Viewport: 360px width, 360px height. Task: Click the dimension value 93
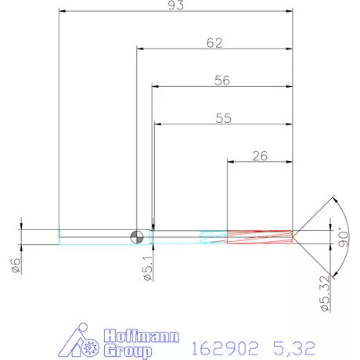(176, 5)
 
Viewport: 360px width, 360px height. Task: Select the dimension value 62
(214, 43)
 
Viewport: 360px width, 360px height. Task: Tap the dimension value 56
(222, 80)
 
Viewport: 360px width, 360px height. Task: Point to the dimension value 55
(222, 118)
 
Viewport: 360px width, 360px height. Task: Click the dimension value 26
(261, 156)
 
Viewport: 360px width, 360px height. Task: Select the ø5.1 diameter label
(146, 270)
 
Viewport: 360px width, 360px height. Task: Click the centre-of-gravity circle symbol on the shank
(137, 236)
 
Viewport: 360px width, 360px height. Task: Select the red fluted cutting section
(259, 236)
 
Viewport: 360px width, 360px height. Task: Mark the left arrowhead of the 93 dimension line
(63, 12)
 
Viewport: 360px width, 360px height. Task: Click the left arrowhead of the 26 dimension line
(230, 162)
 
